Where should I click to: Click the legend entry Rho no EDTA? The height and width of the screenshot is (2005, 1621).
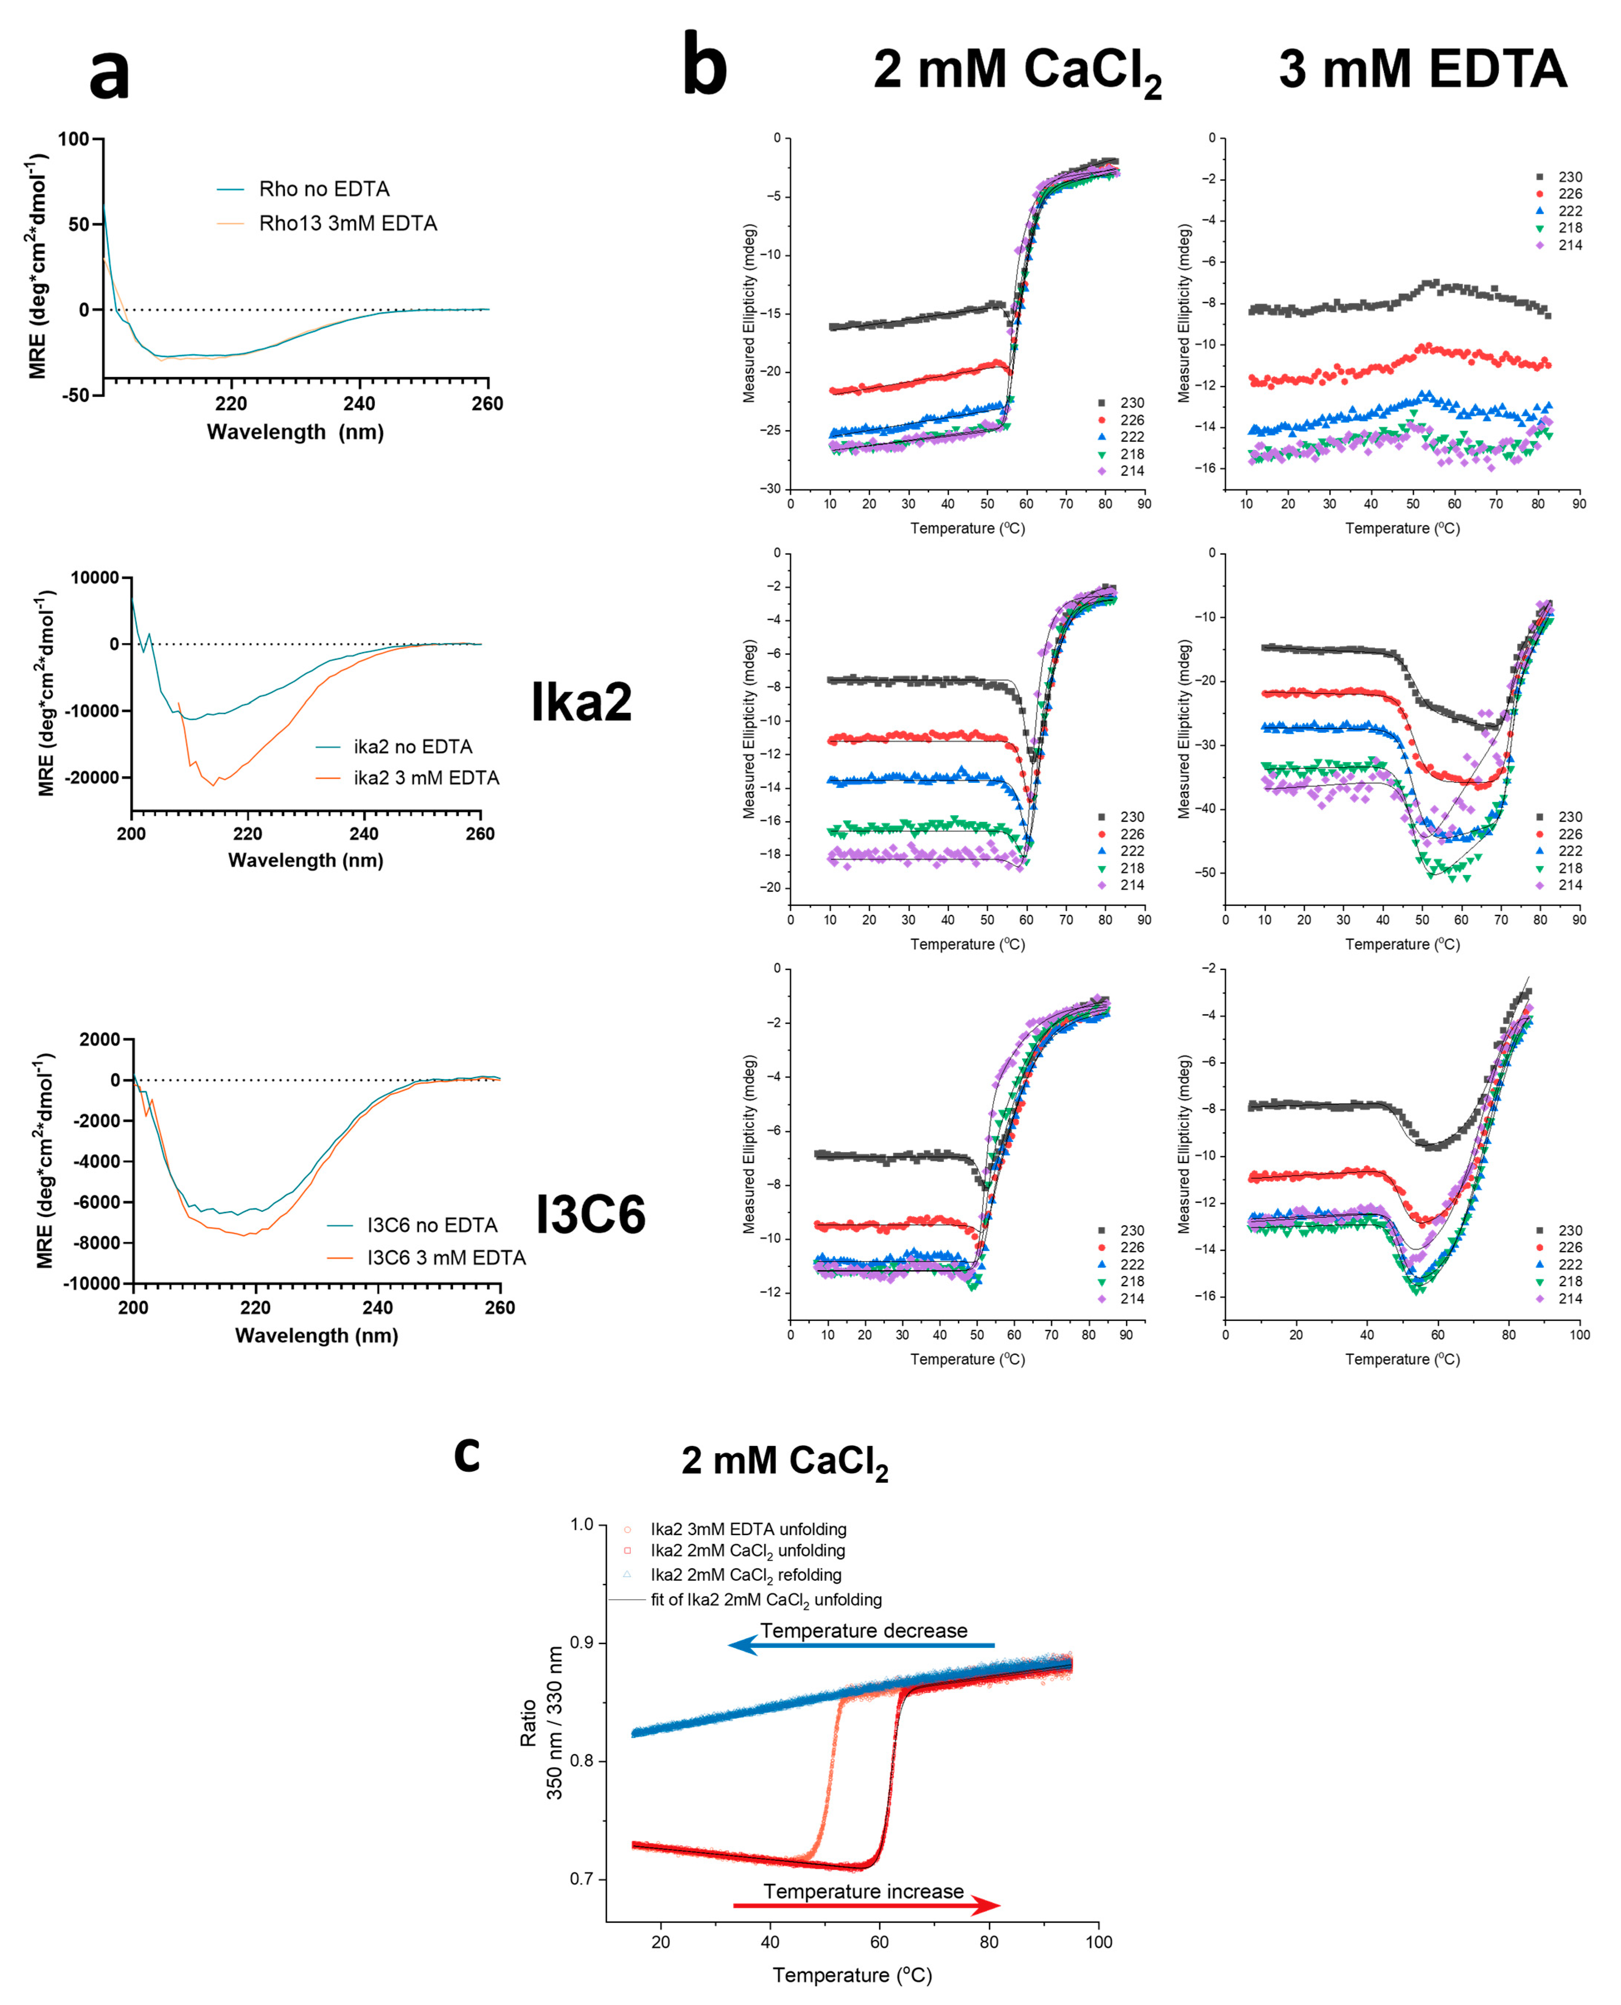click(323, 189)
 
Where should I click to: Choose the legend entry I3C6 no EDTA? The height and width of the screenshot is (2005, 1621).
click(432, 1224)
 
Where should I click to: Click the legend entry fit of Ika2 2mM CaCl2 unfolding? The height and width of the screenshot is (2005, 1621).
click(766, 1600)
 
